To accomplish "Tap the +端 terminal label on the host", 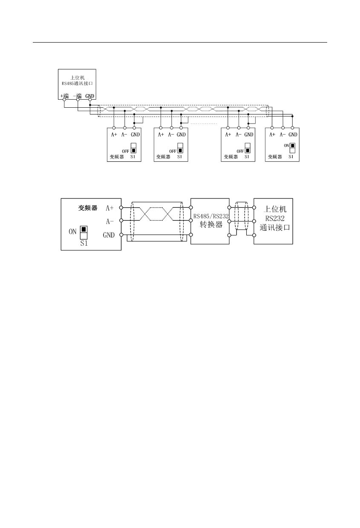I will (x=64, y=96).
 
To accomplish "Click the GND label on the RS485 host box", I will (x=89, y=96).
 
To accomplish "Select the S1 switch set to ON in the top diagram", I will (x=293, y=148).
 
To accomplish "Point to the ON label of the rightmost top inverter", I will (x=287, y=146).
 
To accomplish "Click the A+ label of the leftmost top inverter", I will (x=114, y=135).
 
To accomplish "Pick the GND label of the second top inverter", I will (x=183, y=135).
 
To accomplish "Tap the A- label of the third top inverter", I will (x=239, y=135).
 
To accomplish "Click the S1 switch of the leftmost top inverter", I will (x=133, y=148).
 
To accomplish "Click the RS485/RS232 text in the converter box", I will (x=211, y=216).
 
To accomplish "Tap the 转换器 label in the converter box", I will (x=211, y=224).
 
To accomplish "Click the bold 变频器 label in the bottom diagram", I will (x=88, y=208).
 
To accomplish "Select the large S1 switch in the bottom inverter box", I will (x=84, y=232).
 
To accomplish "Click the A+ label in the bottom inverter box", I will (x=109, y=208).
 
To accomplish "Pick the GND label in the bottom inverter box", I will (x=109, y=235).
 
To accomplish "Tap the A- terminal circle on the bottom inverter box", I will (x=121, y=221).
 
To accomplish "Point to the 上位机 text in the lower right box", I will (x=273, y=209).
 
